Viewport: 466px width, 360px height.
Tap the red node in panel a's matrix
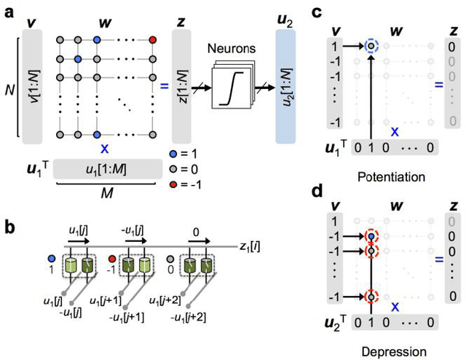[152, 39]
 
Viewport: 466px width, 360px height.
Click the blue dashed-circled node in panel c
[372, 45]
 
